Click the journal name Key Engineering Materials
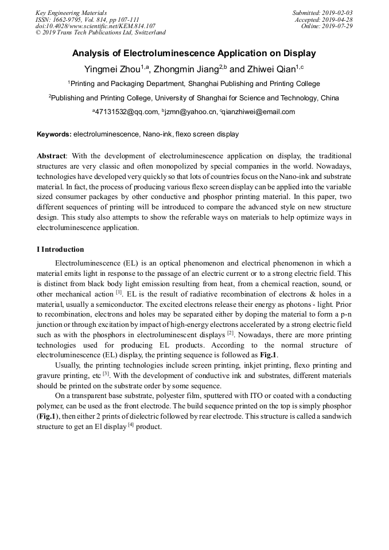coord(71,12)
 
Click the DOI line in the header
coord(95,26)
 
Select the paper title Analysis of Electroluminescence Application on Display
coord(194,53)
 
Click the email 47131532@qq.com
coord(126,112)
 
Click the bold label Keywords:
coord(55,134)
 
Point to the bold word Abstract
coord(52,156)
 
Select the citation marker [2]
coord(229,332)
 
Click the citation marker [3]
coord(106,373)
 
